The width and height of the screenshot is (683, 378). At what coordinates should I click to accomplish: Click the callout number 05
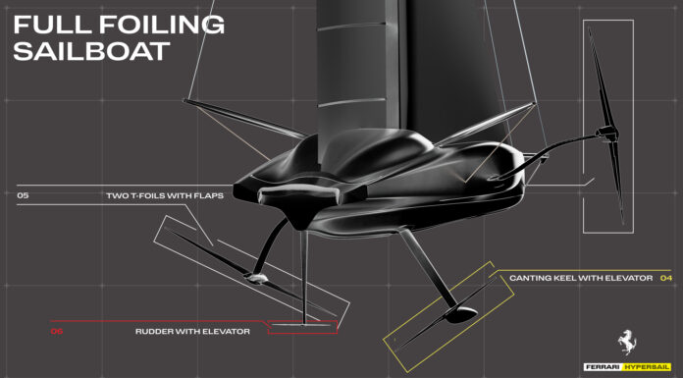coord(23,196)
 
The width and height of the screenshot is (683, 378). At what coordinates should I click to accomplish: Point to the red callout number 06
coord(56,332)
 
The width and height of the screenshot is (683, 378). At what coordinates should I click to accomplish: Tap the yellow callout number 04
coord(666,279)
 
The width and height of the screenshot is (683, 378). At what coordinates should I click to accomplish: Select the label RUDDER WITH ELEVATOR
coord(192,332)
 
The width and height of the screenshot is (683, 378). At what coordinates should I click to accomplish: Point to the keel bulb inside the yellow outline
coord(454,313)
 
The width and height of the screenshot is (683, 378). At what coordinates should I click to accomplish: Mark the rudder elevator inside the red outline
coord(303,321)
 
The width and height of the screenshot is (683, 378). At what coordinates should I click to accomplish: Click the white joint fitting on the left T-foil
coord(257,278)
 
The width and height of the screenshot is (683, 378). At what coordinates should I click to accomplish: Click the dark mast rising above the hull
coord(353,59)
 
